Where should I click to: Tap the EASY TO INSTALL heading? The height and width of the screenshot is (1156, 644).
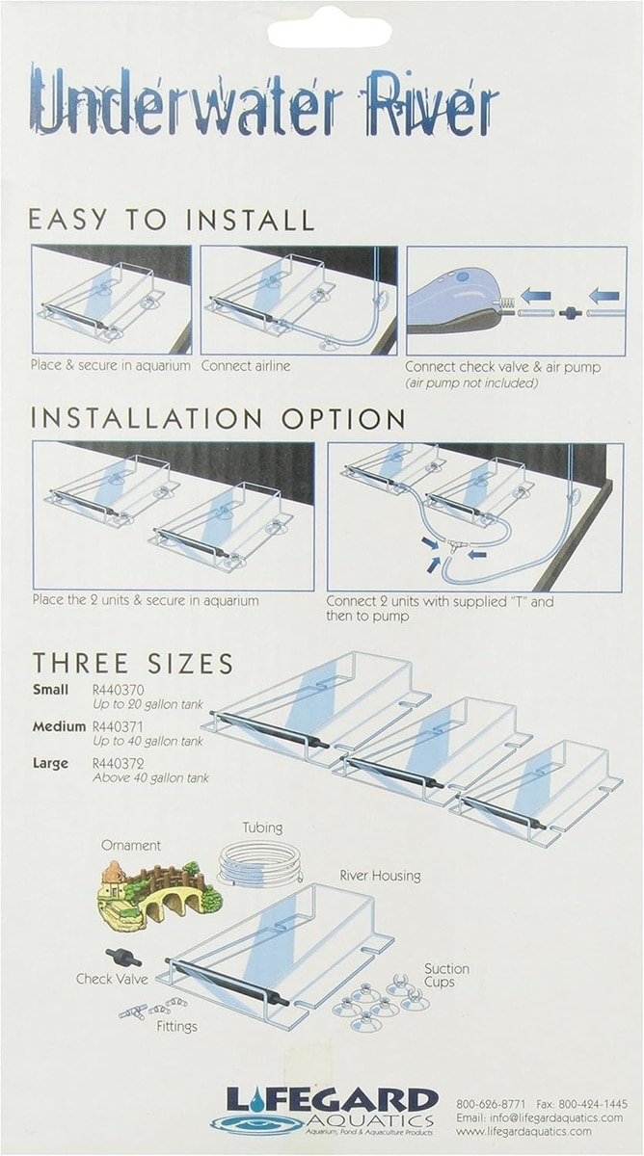coord(172,220)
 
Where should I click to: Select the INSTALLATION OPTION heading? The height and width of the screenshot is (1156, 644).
coord(218,418)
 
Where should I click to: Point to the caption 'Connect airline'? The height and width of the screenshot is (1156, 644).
coord(246,366)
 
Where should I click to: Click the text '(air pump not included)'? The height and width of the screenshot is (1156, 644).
coord(471,383)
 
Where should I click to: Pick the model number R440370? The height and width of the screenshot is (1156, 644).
coord(119,690)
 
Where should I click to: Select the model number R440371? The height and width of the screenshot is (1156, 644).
coord(119,726)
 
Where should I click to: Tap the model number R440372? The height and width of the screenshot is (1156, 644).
coord(119,763)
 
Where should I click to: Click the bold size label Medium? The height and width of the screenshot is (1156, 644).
coord(59,726)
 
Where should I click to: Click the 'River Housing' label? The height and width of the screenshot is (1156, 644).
coord(380,876)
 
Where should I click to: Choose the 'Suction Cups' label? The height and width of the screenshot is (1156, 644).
coord(446,975)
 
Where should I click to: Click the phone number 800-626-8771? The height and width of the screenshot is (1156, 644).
coord(491,1104)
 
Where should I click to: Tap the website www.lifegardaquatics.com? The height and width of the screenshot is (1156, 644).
coord(523,1131)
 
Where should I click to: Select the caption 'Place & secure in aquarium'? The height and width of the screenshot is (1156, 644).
coord(111,365)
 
